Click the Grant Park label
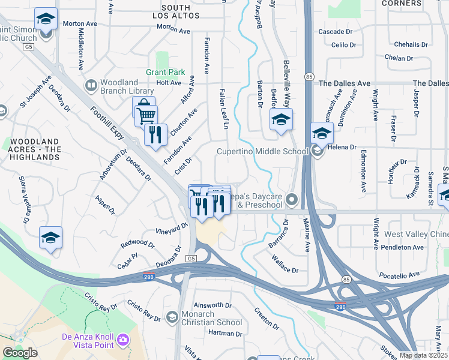(165, 72)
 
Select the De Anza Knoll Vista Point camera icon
(123, 340)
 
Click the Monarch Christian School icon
(172, 316)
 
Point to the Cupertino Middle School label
(262, 151)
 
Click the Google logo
(20, 353)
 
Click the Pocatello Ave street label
(399, 275)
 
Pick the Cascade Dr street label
(335, 31)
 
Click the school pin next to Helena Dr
(322, 133)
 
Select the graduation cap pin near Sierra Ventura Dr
(50, 238)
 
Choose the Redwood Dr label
(137, 243)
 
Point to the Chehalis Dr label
(411, 44)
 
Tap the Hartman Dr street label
(225, 333)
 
